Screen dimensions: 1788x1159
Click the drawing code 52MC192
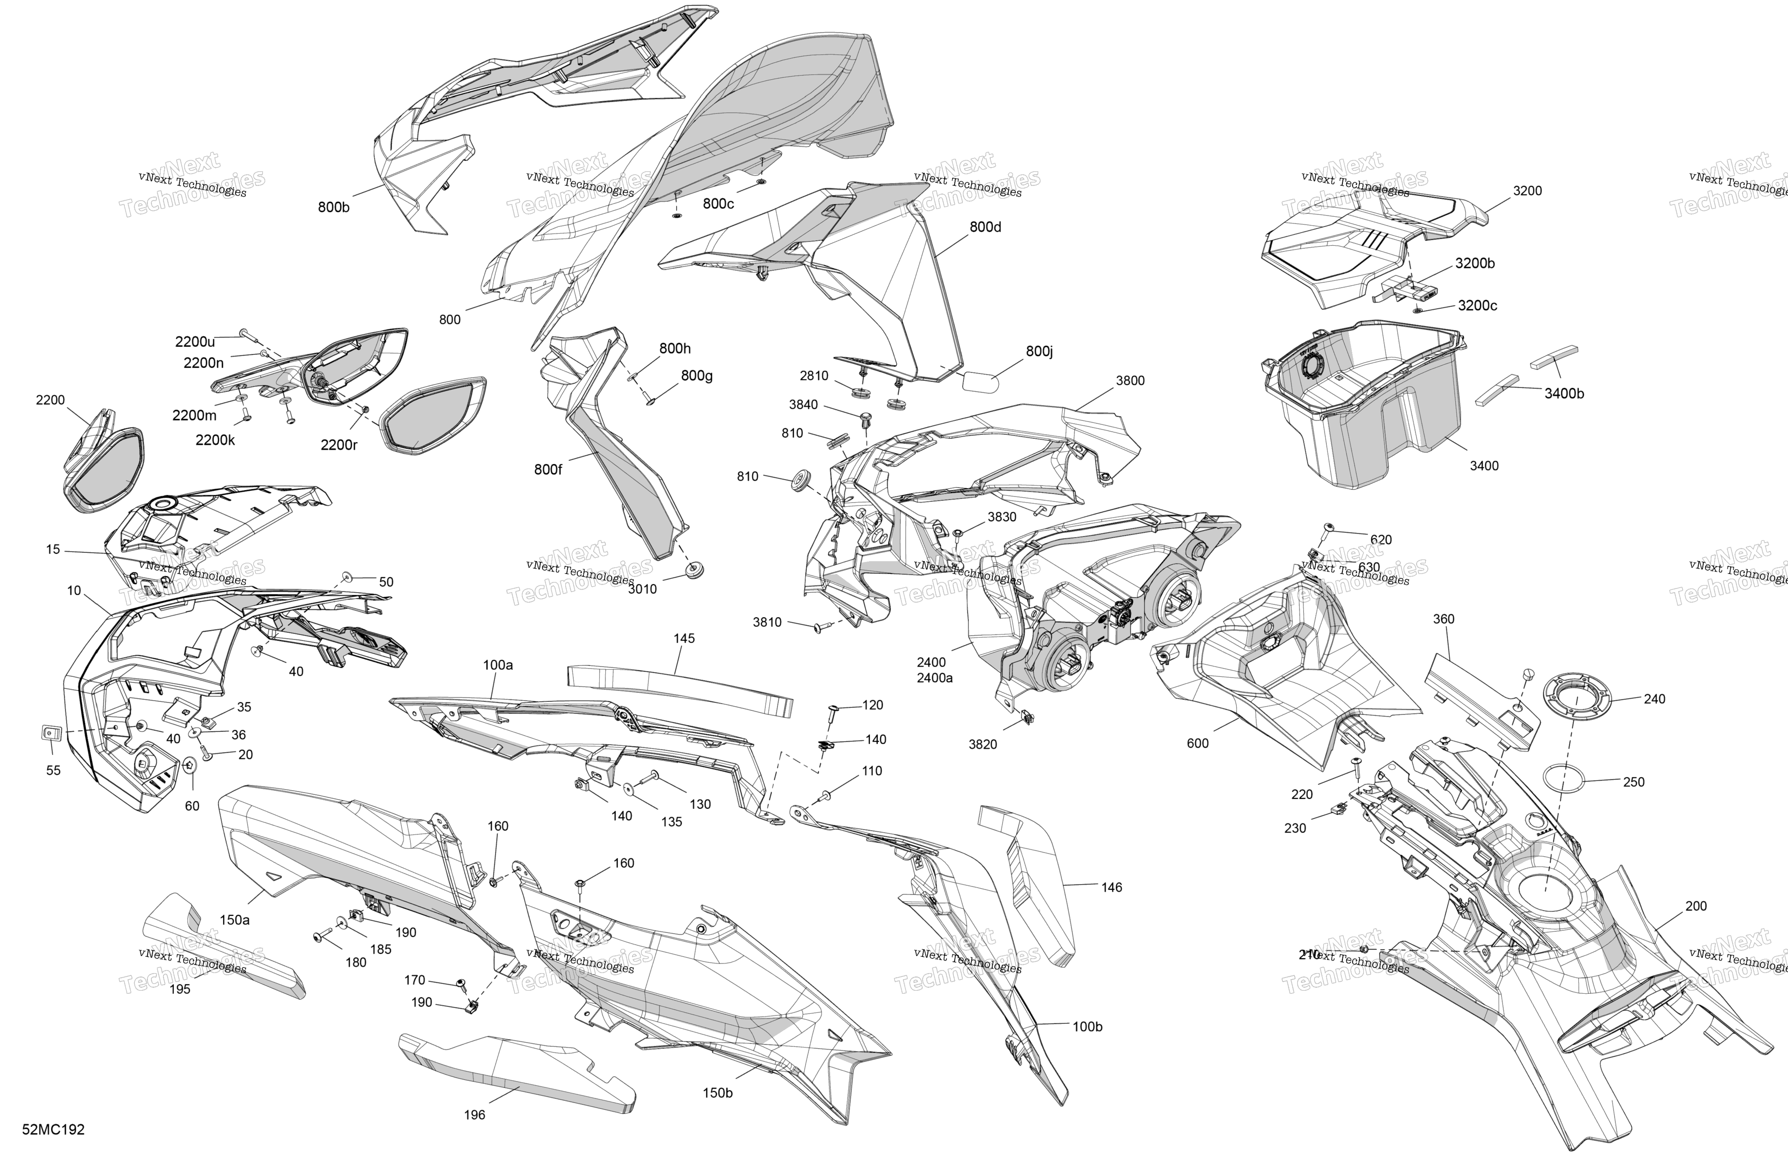click(x=53, y=1130)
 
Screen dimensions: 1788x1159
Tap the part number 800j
click(x=1040, y=352)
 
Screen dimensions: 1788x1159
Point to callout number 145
click(x=684, y=639)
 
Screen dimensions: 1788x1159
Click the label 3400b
click(x=1564, y=394)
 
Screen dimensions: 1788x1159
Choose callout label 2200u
click(x=195, y=342)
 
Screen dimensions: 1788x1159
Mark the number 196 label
click(x=474, y=1114)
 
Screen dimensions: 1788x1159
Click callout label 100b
click(x=1087, y=1027)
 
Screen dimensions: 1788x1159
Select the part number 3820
click(x=982, y=745)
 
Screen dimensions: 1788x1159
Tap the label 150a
click(x=234, y=920)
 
